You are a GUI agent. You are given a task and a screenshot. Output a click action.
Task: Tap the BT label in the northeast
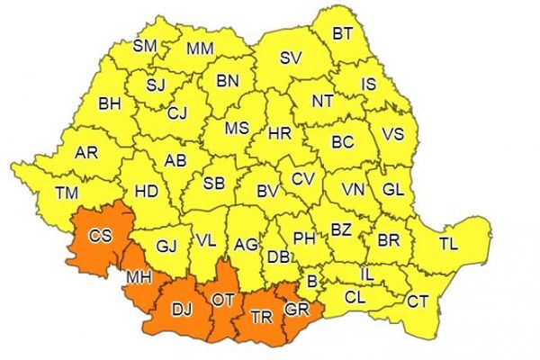[x=343, y=33]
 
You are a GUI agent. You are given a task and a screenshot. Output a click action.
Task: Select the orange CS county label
[x=101, y=236]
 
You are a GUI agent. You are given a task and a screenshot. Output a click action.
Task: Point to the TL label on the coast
[x=448, y=244]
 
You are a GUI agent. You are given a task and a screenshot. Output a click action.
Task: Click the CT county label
[x=418, y=301]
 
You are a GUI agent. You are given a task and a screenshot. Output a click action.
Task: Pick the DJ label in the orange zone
[x=182, y=310]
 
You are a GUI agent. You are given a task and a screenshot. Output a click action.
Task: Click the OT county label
[x=223, y=298]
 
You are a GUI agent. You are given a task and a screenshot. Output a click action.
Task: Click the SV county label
[x=290, y=58]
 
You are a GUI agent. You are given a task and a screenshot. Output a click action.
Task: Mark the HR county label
[x=280, y=132]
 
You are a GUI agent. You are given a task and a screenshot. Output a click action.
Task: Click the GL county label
[x=392, y=190]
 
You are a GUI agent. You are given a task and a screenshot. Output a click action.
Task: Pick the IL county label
[x=367, y=272]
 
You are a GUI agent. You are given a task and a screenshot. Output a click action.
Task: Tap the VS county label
[x=393, y=133]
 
